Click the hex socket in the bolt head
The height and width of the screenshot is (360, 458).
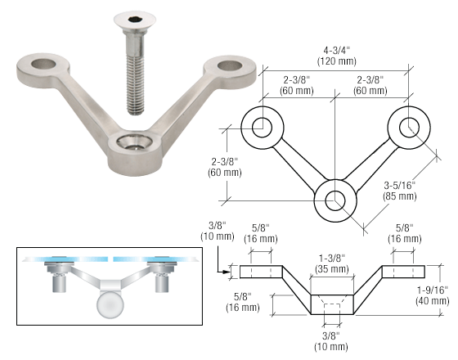(135, 20)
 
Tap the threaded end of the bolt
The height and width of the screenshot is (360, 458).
(135, 110)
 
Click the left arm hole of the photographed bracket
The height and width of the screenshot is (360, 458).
(43, 64)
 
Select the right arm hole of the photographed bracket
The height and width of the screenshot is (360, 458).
(230, 65)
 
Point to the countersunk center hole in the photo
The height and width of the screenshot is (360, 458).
(134, 142)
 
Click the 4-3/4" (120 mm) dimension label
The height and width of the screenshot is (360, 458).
(336, 56)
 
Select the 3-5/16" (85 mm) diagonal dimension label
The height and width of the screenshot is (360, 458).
(399, 191)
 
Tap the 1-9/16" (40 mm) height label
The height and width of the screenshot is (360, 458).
(433, 295)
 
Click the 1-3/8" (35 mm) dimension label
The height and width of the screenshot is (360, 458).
(332, 263)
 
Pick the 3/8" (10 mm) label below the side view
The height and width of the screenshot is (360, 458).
(331, 341)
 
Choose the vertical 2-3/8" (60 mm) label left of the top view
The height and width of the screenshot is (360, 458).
(225, 167)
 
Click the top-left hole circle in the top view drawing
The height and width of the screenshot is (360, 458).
(262, 128)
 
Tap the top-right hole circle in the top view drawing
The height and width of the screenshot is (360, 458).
(409, 128)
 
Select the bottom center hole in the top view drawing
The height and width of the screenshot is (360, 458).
(335, 200)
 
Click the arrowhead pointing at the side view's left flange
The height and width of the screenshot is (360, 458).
(225, 272)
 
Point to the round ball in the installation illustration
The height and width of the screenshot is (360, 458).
(110, 304)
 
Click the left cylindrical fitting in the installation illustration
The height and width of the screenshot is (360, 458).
(59, 283)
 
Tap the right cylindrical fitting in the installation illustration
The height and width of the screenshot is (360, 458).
(162, 283)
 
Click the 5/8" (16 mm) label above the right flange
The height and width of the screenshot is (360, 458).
(405, 233)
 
